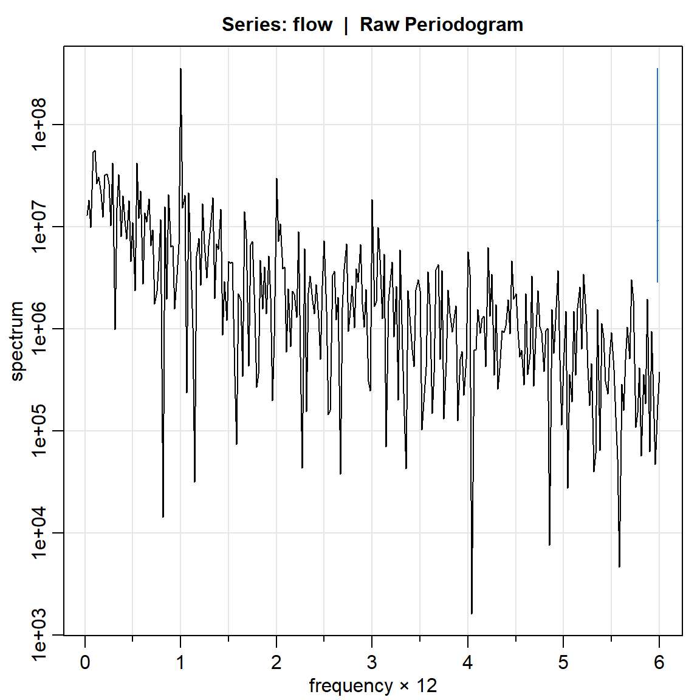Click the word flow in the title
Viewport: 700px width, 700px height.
pyautogui.click(x=312, y=25)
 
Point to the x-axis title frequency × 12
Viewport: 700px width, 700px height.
pyautogui.click(x=372, y=686)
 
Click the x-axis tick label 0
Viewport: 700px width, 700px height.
pyautogui.click(x=85, y=662)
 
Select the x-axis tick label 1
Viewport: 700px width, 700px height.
pyautogui.click(x=180, y=662)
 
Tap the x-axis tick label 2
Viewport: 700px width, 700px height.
pyautogui.click(x=276, y=662)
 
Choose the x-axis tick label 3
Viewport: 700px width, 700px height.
pyautogui.click(x=372, y=662)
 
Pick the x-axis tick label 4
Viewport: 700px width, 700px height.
pyautogui.click(x=468, y=662)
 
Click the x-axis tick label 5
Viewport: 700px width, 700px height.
pyautogui.click(x=563, y=662)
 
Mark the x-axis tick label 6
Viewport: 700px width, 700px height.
pyautogui.click(x=659, y=662)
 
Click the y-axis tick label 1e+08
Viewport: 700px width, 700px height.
pyautogui.click(x=38, y=125)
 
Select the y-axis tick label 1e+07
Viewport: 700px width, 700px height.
pyautogui.click(x=38, y=227)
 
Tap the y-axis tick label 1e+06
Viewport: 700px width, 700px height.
pyautogui.click(x=38, y=329)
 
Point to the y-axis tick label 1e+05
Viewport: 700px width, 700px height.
pyautogui.click(x=38, y=431)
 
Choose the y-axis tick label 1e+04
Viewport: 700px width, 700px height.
pyautogui.click(x=38, y=534)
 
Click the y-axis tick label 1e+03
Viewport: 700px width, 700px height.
pyautogui.click(x=38, y=636)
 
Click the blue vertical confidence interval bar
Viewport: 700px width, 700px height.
pyautogui.click(x=657, y=176)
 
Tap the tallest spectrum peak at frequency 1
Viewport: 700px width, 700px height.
pyautogui.click(x=180, y=70)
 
